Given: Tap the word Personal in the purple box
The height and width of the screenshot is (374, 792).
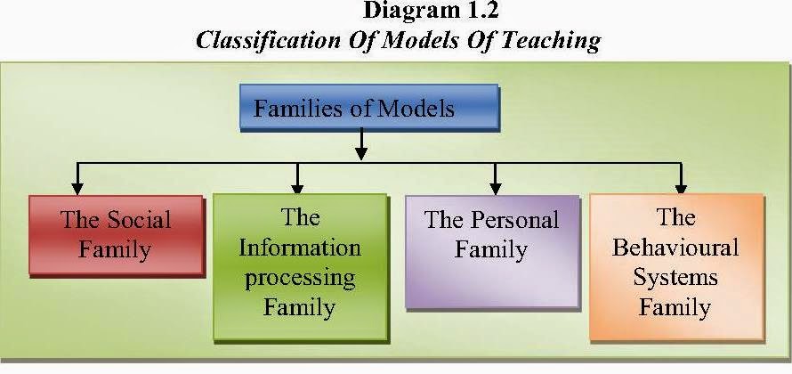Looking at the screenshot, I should (513, 220).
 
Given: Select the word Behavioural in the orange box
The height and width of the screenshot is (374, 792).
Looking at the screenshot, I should (675, 247).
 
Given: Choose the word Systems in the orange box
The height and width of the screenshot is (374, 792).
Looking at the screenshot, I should (675, 278).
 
